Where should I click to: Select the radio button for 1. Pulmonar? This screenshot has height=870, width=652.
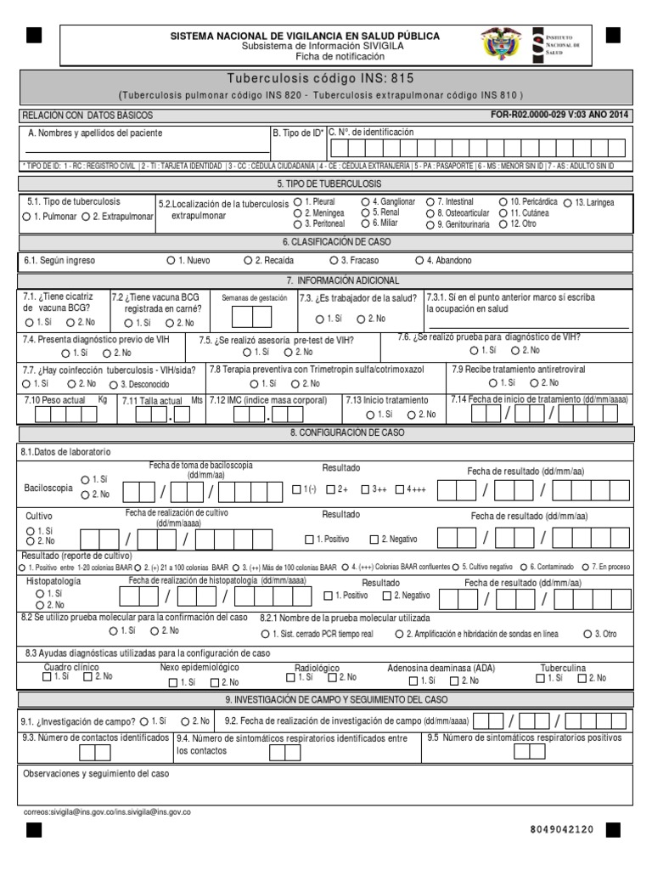pyautogui.click(x=27, y=217)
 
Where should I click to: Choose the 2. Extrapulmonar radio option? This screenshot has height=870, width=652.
pyautogui.click(x=87, y=217)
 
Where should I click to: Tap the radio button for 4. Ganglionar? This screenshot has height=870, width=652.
pyautogui.click(x=365, y=202)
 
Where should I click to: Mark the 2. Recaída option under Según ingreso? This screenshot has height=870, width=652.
pyautogui.click(x=248, y=261)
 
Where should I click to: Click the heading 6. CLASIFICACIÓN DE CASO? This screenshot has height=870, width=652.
pyautogui.click(x=326, y=242)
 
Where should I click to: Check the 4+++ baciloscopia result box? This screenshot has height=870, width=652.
pyautogui.click(x=400, y=489)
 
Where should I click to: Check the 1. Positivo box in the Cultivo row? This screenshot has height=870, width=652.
pyautogui.click(x=310, y=540)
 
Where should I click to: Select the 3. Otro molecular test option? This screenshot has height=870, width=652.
pyautogui.click(x=586, y=634)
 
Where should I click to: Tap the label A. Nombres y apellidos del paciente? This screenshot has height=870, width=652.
pyautogui.click(x=95, y=133)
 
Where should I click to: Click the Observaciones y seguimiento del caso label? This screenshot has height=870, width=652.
pyautogui.click(x=96, y=775)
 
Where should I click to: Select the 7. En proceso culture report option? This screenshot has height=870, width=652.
pyautogui.click(x=586, y=567)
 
